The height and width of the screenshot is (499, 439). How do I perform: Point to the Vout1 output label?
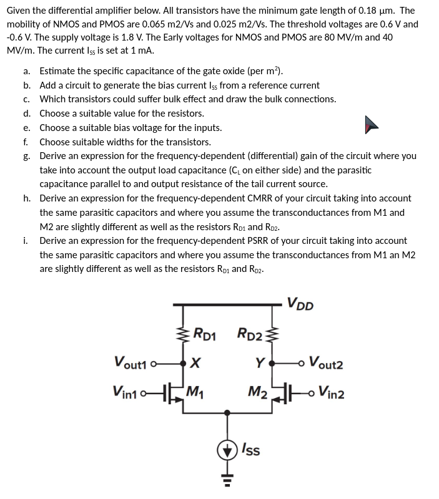coord(131,362)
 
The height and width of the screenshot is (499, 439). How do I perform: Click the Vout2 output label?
coord(325,364)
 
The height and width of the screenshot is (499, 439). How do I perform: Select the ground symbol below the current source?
coord(227,480)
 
